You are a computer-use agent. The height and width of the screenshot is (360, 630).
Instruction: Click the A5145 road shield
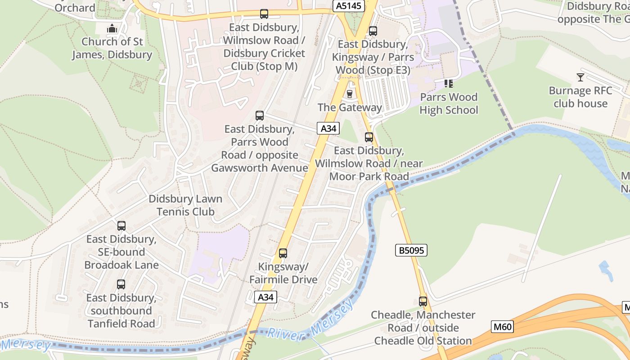pyautogui.click(x=348, y=6)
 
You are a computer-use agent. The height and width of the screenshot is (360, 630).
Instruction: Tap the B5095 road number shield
pyautogui.click(x=411, y=250)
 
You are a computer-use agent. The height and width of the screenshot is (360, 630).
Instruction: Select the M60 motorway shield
pyautogui.click(x=502, y=326)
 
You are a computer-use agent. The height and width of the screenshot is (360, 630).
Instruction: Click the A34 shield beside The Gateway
pyautogui.click(x=328, y=129)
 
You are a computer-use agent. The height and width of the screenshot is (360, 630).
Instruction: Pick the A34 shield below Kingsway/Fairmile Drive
pyautogui.click(x=265, y=297)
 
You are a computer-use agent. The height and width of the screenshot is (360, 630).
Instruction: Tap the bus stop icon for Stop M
pyautogui.click(x=264, y=14)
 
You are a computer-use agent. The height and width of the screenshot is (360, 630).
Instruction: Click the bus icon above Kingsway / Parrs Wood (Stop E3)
pyautogui.click(x=373, y=31)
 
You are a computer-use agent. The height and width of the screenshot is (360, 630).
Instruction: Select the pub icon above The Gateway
pyautogui.click(x=349, y=94)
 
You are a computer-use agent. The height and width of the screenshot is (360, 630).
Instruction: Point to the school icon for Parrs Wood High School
pyautogui.click(x=448, y=83)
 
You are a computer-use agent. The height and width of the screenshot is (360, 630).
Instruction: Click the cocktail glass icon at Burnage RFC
pyautogui.click(x=580, y=77)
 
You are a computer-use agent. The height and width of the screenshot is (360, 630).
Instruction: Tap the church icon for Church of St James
pyautogui.click(x=112, y=28)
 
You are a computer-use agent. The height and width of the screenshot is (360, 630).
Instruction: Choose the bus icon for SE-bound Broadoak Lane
pyautogui.click(x=121, y=225)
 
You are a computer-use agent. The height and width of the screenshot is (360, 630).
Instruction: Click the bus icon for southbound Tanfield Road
pyautogui.click(x=121, y=284)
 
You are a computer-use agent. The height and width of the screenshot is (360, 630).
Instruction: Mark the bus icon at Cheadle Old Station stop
pyautogui.click(x=423, y=301)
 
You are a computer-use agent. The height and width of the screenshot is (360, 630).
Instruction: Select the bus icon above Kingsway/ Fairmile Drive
pyautogui.click(x=283, y=253)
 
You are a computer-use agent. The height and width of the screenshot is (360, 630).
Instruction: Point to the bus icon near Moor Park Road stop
pyautogui.click(x=369, y=137)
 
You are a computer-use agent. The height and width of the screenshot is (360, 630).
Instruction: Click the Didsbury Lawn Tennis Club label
pyautogui.click(x=185, y=205)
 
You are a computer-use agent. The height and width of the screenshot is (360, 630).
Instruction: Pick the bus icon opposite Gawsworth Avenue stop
pyautogui.click(x=260, y=115)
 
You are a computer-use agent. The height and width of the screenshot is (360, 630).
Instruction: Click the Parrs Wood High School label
pyautogui.click(x=449, y=103)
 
